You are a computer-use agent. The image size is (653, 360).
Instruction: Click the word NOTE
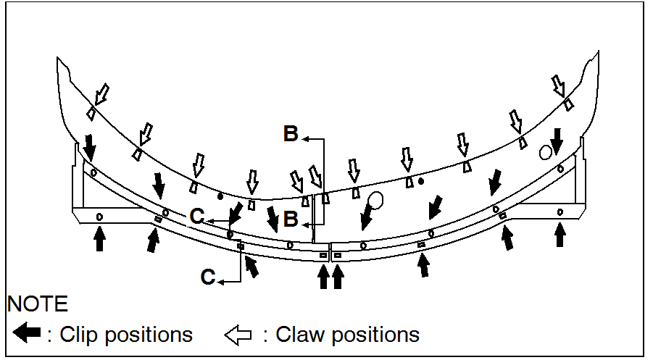[x=38, y=304]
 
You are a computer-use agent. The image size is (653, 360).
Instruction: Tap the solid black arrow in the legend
[x=26, y=334]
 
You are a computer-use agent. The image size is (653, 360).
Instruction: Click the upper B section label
[x=291, y=134]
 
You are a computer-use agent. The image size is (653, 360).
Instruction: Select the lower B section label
[x=291, y=219]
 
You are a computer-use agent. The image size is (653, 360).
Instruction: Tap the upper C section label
[x=197, y=215]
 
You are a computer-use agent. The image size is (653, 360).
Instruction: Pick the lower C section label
[x=208, y=277]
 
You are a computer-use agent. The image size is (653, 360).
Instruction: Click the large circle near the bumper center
[x=375, y=199]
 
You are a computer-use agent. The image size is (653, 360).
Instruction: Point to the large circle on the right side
[x=546, y=152]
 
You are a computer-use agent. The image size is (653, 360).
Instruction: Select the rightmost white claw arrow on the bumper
[x=558, y=85]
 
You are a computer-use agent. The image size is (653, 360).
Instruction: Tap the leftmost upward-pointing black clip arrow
[x=99, y=237]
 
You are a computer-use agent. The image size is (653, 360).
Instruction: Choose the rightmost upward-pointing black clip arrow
[x=560, y=233]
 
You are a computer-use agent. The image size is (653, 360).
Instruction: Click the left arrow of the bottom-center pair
[x=323, y=275]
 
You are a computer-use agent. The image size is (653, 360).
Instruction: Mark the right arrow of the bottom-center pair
[x=337, y=275]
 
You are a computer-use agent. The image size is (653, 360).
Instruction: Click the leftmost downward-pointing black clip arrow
[x=89, y=146]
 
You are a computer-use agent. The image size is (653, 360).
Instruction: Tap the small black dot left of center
[x=220, y=196]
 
